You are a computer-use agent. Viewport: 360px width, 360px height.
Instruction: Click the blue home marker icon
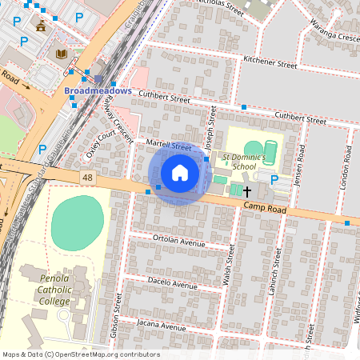[180, 173]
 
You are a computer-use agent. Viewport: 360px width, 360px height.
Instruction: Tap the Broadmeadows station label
[98, 91]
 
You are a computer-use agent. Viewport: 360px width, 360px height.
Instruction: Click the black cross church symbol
[247, 191]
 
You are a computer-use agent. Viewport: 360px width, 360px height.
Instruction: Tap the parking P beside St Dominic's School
[274, 180]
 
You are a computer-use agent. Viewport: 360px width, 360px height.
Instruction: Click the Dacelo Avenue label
[171, 283]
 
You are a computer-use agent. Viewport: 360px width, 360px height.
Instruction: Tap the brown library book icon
[61, 54]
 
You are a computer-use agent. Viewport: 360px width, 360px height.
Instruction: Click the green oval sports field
[78, 222]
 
